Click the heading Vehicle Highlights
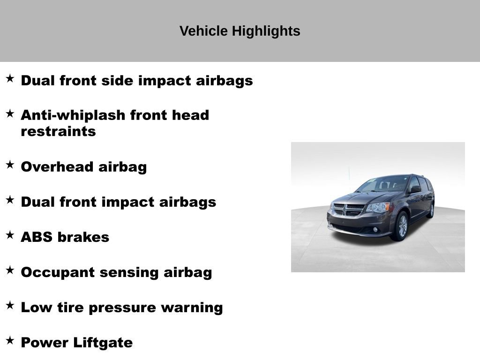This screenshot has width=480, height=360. pyautogui.click(x=240, y=31)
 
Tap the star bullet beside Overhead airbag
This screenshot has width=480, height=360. pyautogui.click(x=10, y=165)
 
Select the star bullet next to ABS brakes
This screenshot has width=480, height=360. pyautogui.click(x=10, y=235)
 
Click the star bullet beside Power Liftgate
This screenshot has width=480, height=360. pyautogui.click(x=10, y=340)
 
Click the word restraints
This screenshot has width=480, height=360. pyautogui.click(x=58, y=132)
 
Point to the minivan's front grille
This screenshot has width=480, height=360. pyautogui.click(x=348, y=210)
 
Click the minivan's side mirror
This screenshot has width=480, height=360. pyautogui.click(x=415, y=189)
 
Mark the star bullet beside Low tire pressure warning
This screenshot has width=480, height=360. pyautogui.click(x=10, y=305)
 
